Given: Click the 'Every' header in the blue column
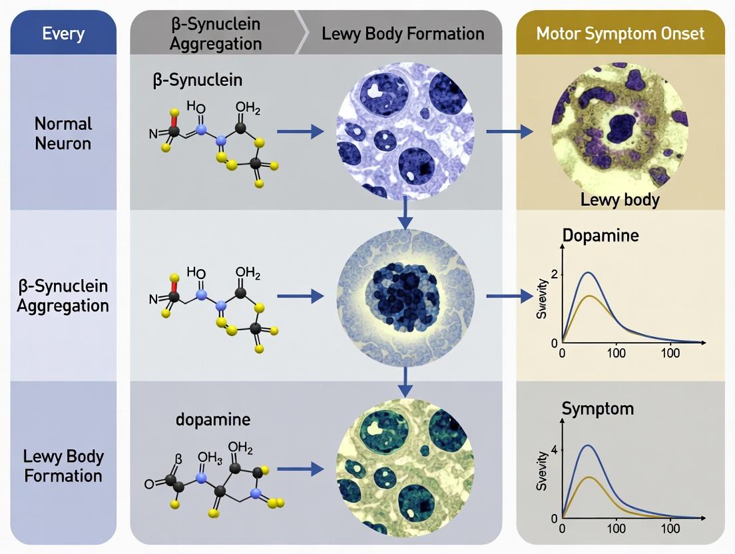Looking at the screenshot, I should (63, 33).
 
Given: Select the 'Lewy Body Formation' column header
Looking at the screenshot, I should (403, 33).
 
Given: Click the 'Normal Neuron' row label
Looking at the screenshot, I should (63, 133).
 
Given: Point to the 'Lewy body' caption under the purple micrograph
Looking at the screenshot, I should (620, 199).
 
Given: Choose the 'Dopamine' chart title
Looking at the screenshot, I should (601, 235).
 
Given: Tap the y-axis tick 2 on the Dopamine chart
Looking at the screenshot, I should (553, 274).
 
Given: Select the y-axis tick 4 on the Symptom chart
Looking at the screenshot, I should (553, 450).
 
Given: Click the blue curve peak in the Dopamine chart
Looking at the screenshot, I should (588, 272).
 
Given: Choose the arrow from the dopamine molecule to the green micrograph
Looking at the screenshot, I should (296, 469).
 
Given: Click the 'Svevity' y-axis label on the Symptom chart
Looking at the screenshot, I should (542, 474).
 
